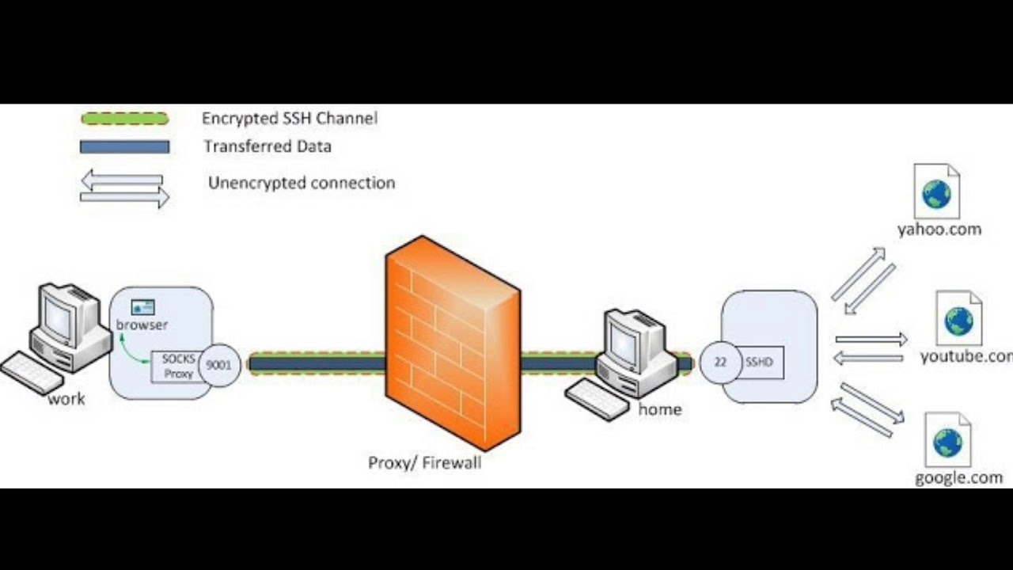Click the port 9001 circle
click(x=219, y=366)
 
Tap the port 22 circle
click(x=721, y=363)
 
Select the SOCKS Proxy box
click(x=178, y=366)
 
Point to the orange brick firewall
click(x=452, y=340)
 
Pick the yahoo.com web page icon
click(x=936, y=192)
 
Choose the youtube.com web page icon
click(x=958, y=317)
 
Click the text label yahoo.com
click(x=939, y=230)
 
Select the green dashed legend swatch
click(x=124, y=119)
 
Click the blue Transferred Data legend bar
click(x=124, y=146)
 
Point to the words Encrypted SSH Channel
click(x=290, y=119)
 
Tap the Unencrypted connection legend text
click(x=302, y=183)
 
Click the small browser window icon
click(x=142, y=307)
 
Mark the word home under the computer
click(x=660, y=410)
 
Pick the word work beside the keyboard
click(x=66, y=399)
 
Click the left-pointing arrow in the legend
click(x=122, y=180)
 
